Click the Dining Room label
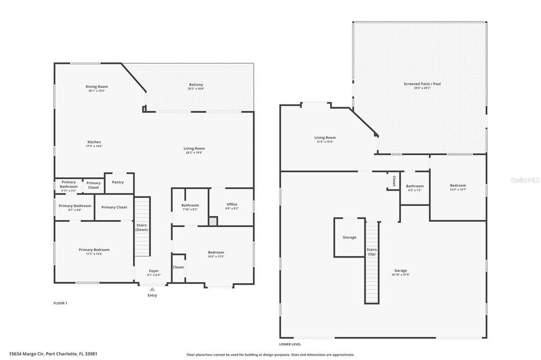[x=97, y=87]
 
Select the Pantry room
[x=118, y=183]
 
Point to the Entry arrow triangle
[x=152, y=289]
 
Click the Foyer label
[x=153, y=271]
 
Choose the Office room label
[x=232, y=204]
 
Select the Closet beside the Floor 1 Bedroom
[x=179, y=267]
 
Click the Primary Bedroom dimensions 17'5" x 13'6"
[x=94, y=254]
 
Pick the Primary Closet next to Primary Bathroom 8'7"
[x=114, y=207]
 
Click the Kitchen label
[x=94, y=142]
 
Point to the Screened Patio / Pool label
[x=422, y=84]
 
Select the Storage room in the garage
[x=349, y=238]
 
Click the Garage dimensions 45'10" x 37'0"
[x=400, y=274]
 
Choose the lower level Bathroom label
[x=415, y=186]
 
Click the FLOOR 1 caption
[x=60, y=303]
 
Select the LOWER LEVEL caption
[x=290, y=344]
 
